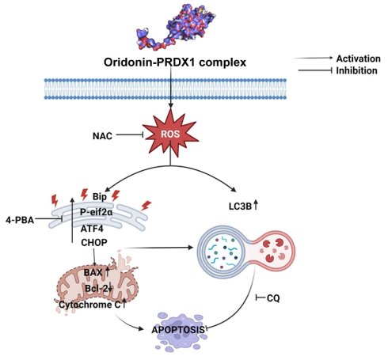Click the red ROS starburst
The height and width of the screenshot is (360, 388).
point(171,134)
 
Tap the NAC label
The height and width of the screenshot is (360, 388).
point(102,136)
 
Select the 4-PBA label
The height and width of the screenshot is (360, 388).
point(20,220)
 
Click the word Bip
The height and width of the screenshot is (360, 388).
point(100,197)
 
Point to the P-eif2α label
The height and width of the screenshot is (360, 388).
point(97,212)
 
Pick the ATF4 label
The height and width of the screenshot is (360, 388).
point(92,229)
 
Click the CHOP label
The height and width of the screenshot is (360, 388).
point(94,242)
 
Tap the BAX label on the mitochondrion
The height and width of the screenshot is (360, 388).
point(93,272)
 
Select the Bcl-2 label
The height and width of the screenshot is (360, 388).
point(97,289)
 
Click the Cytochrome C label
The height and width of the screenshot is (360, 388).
point(89,305)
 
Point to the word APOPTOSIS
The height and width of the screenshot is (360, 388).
point(178,330)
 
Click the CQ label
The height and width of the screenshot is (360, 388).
point(273,298)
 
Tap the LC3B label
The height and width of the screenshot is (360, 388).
point(240,207)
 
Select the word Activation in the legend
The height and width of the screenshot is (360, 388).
point(358,59)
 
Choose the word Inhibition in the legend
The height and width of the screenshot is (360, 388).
point(356,70)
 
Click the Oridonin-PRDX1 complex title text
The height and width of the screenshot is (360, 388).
point(175,63)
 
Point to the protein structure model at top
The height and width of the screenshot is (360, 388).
point(176,26)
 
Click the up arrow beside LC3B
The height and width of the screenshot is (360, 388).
point(256,205)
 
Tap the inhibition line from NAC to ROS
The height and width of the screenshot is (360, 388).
point(130,135)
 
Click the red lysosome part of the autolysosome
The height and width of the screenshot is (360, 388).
point(275,250)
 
